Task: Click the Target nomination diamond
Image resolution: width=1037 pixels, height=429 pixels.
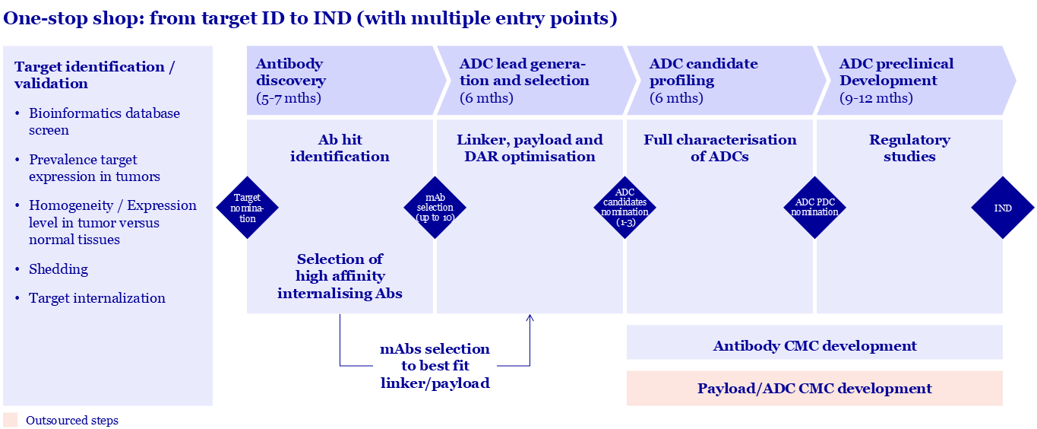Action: (x=247, y=208)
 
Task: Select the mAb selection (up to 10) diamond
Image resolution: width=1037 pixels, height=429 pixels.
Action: (x=435, y=208)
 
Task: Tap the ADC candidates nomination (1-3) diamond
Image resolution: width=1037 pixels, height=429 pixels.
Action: (x=624, y=208)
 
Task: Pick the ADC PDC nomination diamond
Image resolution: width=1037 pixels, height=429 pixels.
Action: (x=814, y=208)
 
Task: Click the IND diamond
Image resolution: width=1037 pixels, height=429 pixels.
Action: (x=1003, y=208)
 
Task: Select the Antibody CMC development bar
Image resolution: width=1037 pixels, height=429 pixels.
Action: (x=814, y=346)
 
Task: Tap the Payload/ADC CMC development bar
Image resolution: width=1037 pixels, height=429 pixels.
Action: (x=814, y=389)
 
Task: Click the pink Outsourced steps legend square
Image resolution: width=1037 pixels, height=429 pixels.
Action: (x=10, y=420)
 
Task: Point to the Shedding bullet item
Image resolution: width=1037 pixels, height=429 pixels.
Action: (x=58, y=269)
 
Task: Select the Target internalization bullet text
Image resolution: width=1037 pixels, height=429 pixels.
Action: (x=96, y=298)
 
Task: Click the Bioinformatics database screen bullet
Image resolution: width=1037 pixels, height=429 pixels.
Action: (x=104, y=122)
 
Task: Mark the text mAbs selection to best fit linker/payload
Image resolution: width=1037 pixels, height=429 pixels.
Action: (x=435, y=366)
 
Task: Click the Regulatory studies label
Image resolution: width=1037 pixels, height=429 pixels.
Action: (x=909, y=148)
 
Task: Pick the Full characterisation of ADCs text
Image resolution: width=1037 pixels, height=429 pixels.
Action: (x=719, y=148)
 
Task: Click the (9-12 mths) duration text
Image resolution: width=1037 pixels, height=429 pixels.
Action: (x=876, y=98)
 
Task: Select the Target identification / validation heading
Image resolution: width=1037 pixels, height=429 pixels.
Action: (x=94, y=75)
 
